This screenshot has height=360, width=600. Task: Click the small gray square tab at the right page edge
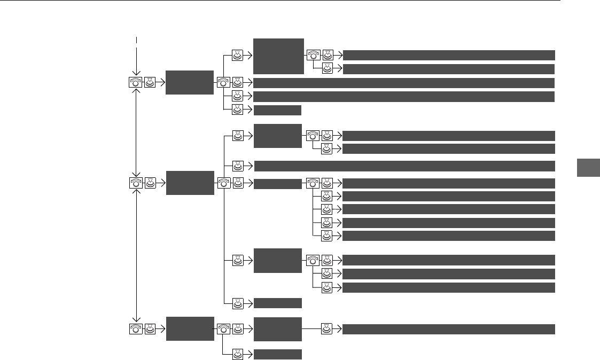[588, 168]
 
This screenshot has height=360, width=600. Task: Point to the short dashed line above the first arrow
[137, 40]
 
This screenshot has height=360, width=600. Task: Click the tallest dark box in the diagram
[278, 56]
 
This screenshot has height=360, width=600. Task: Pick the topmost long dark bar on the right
[448, 55]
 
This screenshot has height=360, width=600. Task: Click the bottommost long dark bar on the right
[448, 329]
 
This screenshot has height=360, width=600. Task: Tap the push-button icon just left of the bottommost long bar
[327, 329]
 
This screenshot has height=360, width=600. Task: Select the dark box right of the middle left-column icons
[190, 183]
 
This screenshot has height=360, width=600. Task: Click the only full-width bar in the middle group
[403, 166]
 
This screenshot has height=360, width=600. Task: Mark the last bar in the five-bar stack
[448, 236]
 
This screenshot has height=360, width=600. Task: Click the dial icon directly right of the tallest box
[313, 55]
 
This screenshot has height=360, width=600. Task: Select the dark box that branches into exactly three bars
[278, 261]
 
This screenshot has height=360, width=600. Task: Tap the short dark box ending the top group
[278, 111]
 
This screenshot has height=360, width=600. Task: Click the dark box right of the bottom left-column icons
[190, 328]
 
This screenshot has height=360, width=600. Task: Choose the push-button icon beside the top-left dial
[150, 83]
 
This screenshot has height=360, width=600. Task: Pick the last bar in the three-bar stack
[448, 288]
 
